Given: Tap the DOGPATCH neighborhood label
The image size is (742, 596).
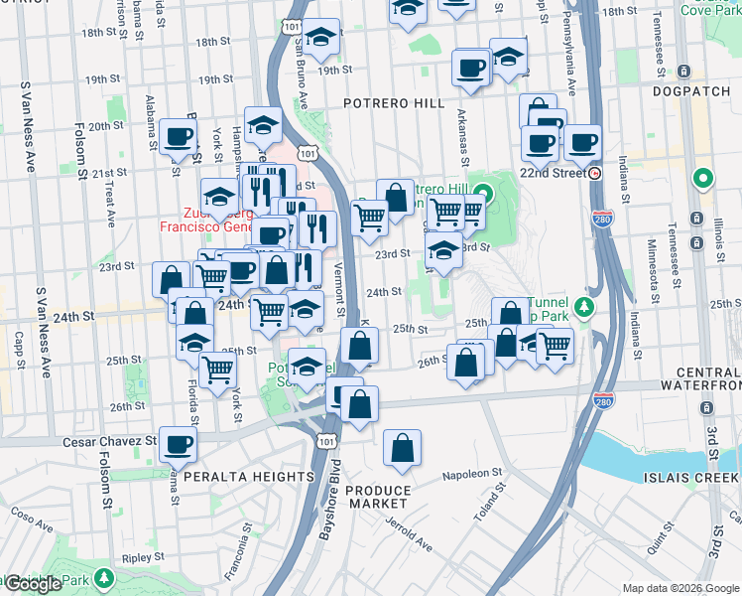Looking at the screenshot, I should point(692,91).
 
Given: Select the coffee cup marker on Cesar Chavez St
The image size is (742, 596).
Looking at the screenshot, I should point(178,444).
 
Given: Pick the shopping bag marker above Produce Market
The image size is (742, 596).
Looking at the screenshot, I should point(402,448).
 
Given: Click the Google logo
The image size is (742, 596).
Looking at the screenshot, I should point(33,584).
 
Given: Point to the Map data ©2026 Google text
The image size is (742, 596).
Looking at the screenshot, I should point(680,588).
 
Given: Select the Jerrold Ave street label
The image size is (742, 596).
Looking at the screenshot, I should point(411,532).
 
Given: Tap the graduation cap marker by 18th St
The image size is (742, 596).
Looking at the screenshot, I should point(320,37).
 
